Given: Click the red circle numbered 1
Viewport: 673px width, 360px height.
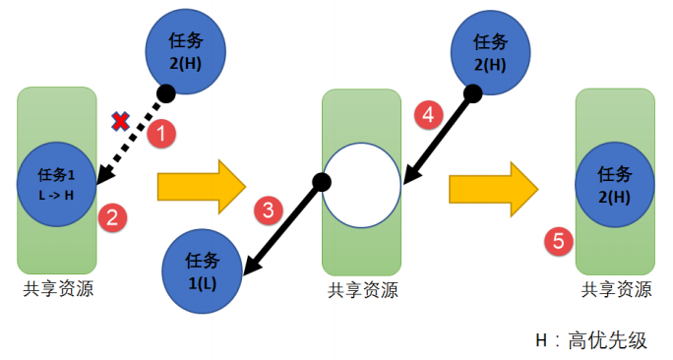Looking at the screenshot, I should point(160,133).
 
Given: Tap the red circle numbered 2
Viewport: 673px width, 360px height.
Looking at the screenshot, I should point(112,217).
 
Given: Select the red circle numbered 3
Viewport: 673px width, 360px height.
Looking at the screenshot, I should point(268,209).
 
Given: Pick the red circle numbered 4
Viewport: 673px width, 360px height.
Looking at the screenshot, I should point(427,113).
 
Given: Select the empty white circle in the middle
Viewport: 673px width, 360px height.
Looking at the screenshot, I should point(361,184).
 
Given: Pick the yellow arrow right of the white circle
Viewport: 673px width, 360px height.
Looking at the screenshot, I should point(493,185).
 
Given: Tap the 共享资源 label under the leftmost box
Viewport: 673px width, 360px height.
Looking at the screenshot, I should point(58,288).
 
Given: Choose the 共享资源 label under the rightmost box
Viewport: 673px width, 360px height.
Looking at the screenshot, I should point(616,289).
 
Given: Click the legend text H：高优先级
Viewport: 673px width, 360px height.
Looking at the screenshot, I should point(590,340).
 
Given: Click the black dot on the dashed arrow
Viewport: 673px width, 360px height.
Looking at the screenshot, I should point(166,94).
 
